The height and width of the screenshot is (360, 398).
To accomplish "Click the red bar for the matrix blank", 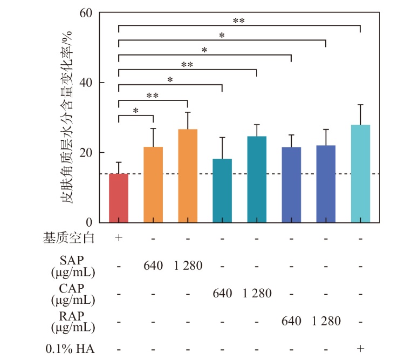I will (x=119, y=198).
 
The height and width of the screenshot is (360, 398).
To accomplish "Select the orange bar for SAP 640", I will (x=153, y=185).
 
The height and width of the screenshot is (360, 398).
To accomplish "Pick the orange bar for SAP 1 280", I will (x=188, y=176).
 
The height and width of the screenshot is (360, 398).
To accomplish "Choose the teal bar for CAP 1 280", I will (x=257, y=179).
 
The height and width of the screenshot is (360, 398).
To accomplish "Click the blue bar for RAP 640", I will (x=291, y=185).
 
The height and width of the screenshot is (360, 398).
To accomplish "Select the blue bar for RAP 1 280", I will (x=326, y=184).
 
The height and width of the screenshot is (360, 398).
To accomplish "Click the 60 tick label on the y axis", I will (x=86, y=12).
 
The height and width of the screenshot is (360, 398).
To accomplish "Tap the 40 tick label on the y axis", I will (x=86, y=83).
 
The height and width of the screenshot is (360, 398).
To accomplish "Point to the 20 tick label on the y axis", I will (x=86, y=153).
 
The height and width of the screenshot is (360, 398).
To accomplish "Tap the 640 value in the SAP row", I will (x=153, y=266).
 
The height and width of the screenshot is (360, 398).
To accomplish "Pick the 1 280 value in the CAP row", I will (x=257, y=294).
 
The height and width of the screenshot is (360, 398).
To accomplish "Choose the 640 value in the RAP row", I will (x=291, y=321).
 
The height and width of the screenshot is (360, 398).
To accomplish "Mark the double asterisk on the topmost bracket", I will (x=239, y=21).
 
